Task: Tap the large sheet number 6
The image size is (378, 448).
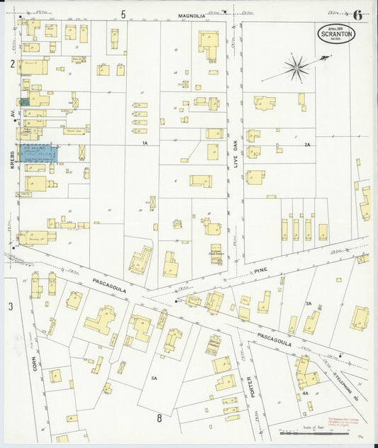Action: (357, 14)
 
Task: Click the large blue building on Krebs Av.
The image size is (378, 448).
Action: (38, 153)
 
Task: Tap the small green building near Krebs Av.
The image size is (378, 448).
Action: (25, 102)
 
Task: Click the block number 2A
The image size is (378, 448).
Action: (306, 145)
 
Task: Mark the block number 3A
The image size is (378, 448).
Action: (308, 303)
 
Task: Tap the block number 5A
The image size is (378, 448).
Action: (154, 379)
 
